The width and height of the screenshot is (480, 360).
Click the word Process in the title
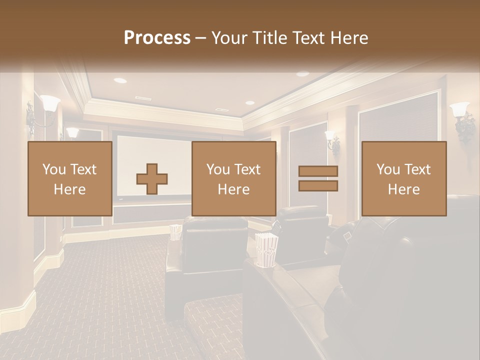click(157, 38)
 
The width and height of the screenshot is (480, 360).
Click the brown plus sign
click(152, 179)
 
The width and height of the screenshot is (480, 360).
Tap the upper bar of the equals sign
click(318, 171)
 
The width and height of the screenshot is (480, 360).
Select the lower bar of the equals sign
click(318, 186)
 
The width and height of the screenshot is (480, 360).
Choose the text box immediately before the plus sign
click(70, 179)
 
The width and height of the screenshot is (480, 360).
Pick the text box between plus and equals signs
click(234, 179)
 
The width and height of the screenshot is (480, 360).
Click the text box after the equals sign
click(404, 179)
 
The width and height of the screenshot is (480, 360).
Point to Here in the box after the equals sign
click(404, 189)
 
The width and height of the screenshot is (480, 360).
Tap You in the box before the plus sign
click(52, 169)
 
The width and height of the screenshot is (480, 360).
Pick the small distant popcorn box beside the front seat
click(175, 232)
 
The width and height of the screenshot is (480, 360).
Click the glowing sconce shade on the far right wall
click(459, 109)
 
